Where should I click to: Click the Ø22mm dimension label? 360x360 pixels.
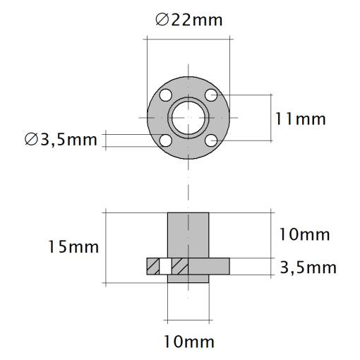pos(189,20)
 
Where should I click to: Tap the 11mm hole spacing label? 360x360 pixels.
pos(301,119)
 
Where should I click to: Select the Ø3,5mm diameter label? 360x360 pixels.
pos(61,140)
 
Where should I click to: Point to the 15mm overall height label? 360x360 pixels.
pos(73,247)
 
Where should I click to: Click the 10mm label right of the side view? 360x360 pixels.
pos(304,234)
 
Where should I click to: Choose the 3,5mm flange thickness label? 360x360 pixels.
pos(308,268)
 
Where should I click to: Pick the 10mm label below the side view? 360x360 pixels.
pos(189,342)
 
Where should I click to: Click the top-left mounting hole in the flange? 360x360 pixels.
pos(166,95)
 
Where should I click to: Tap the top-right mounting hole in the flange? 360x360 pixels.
pos(211,95)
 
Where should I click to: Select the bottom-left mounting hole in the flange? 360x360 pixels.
pos(166,140)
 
